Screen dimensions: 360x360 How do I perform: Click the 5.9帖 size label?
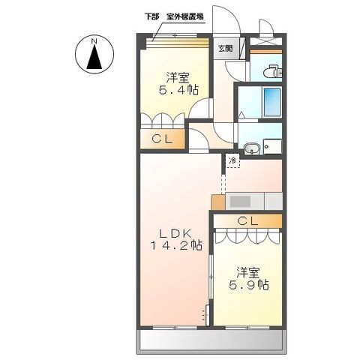(248, 284)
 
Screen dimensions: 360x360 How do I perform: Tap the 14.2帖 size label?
(174, 244)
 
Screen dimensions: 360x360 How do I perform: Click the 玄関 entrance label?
(225, 49)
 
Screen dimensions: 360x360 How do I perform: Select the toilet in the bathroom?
(271, 73)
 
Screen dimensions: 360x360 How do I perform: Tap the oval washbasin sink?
(252, 148)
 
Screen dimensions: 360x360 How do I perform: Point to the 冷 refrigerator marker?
(232, 160)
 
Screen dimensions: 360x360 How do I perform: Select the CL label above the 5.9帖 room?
(247, 220)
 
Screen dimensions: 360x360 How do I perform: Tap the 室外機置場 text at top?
(188, 16)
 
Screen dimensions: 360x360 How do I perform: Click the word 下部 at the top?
(153, 16)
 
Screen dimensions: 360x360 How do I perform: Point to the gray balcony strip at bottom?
(211, 341)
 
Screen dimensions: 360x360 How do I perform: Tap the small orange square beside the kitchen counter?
(217, 202)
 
